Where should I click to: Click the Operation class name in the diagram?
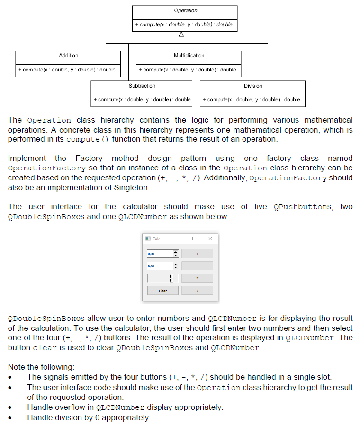(185, 10)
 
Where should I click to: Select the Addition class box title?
(68, 56)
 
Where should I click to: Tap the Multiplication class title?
(189, 56)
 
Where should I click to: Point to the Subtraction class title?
(142, 86)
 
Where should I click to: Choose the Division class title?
(253, 86)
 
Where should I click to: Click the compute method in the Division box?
(252, 99)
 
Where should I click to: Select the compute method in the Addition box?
(67, 70)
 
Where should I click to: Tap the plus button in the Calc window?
(197, 254)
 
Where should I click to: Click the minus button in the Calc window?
(197, 266)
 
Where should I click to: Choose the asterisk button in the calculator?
(197, 278)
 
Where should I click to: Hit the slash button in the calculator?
(197, 290)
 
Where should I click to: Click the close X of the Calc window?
(210, 239)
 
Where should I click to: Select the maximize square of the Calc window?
(194, 239)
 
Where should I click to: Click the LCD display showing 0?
(162, 278)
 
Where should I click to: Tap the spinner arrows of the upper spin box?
(175, 254)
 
